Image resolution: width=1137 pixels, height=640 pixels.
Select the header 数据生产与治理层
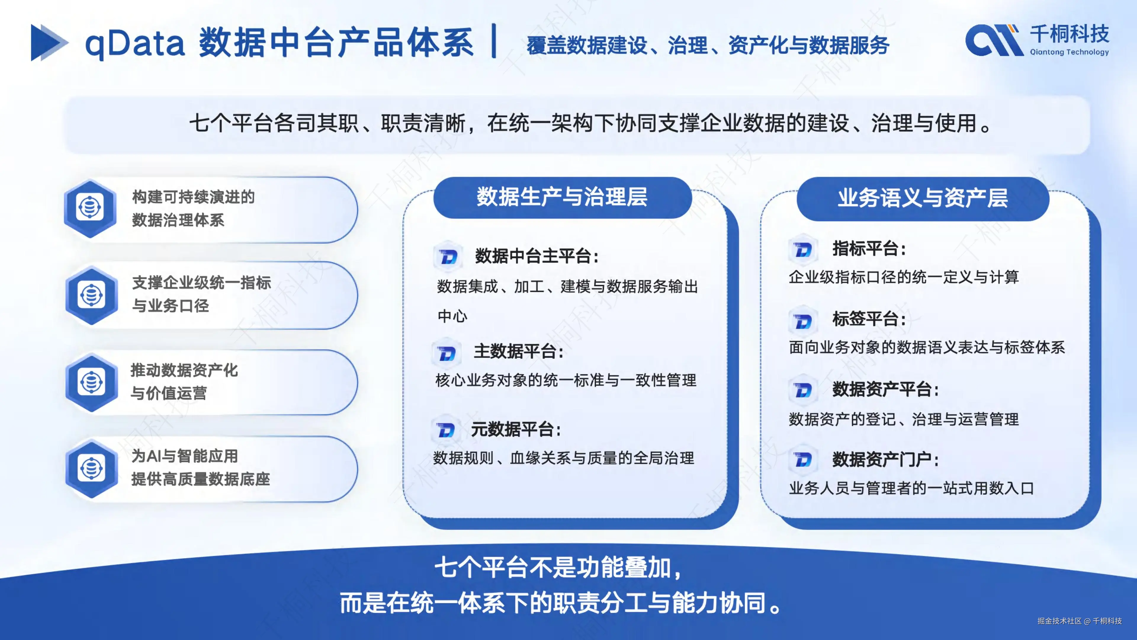(x=562, y=197)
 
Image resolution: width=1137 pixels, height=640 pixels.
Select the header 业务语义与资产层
(x=923, y=198)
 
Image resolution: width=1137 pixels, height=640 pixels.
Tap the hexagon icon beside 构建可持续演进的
(x=90, y=208)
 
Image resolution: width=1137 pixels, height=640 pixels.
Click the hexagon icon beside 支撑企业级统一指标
(x=91, y=295)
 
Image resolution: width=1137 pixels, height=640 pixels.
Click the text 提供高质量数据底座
(x=200, y=479)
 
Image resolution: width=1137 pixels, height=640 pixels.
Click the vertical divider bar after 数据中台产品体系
(x=494, y=41)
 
